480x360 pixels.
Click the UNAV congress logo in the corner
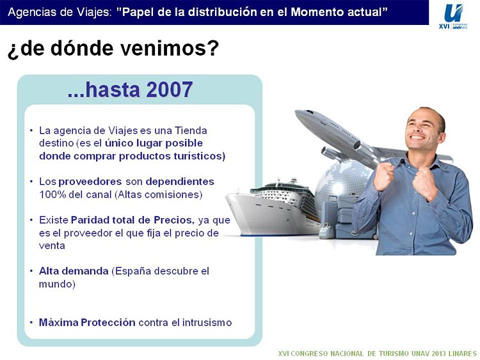(x=453, y=17)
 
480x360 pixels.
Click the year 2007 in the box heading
(x=170, y=90)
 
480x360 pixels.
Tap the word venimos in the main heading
(x=170, y=48)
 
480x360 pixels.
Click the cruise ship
(x=273, y=208)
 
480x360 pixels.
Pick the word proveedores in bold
(x=90, y=182)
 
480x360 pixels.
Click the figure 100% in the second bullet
(x=52, y=194)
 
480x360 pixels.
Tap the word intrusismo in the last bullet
(x=207, y=322)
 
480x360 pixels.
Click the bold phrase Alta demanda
(x=74, y=271)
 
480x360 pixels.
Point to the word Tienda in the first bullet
(x=191, y=130)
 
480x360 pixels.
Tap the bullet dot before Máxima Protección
(x=31, y=323)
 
